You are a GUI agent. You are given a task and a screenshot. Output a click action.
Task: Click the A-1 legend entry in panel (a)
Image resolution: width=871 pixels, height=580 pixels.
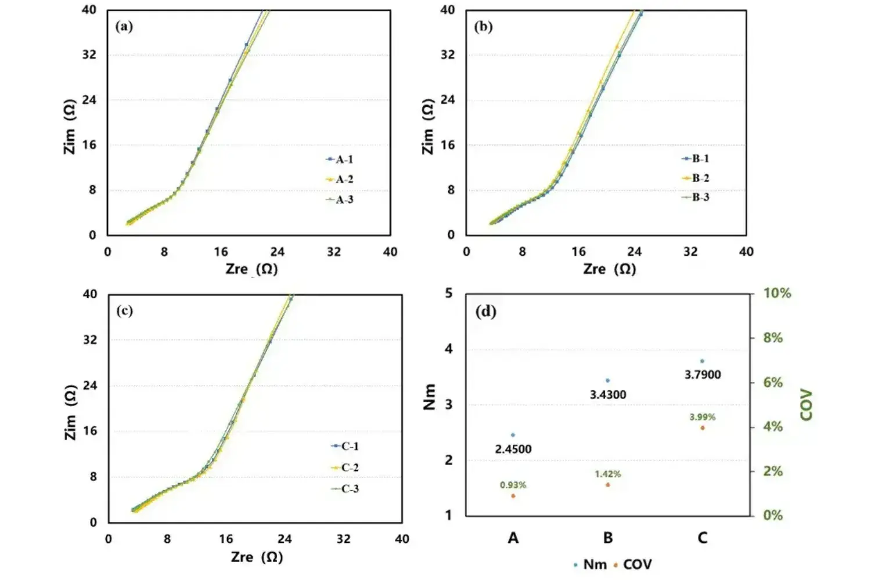click(340, 159)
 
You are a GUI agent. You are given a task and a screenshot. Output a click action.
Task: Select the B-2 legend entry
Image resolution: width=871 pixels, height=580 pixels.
click(696, 178)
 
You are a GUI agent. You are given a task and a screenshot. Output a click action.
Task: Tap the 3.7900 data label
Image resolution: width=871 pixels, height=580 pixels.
click(703, 375)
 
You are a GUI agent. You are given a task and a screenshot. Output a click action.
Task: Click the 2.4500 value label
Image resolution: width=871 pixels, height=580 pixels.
click(513, 449)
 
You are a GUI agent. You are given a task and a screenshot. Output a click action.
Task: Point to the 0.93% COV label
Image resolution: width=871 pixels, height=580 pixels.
click(513, 485)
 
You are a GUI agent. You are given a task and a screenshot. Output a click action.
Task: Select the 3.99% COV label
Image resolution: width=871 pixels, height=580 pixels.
click(703, 417)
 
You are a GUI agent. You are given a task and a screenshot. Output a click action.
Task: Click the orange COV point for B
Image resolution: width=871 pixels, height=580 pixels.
click(608, 485)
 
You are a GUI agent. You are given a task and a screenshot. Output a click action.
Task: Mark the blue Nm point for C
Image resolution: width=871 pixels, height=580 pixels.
click(703, 361)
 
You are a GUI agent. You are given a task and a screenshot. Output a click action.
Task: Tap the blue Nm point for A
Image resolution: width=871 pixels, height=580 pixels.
click(513, 435)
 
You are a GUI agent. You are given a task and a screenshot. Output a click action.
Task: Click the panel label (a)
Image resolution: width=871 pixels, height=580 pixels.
click(124, 27)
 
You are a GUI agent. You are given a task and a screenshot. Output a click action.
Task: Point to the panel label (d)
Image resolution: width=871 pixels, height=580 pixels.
click(486, 312)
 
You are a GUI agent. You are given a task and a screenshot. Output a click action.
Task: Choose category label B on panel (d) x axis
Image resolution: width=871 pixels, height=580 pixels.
click(608, 538)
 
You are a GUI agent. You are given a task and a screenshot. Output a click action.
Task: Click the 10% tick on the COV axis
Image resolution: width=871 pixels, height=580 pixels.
click(777, 293)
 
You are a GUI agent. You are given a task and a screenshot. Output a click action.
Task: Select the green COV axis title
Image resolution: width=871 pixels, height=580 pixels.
click(807, 404)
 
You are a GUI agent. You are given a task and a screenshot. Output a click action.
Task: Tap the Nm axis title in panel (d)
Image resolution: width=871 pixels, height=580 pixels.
click(430, 397)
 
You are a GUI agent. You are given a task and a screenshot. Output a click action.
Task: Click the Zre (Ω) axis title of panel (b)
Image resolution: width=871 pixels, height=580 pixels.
click(610, 269)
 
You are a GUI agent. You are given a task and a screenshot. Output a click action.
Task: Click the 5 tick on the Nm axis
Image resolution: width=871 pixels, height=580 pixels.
click(449, 293)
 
